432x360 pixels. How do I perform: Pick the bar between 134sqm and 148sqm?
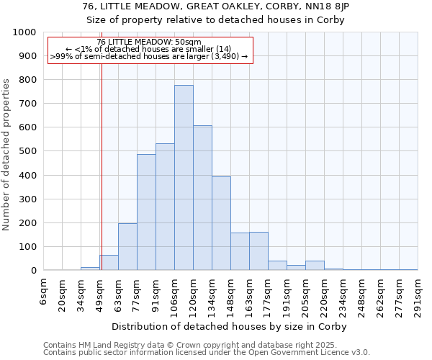(x=221, y=223)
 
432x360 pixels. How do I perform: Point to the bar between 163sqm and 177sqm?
(x=258, y=251)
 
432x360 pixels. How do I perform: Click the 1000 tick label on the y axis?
(x=24, y=32)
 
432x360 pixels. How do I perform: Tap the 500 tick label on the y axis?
(x=27, y=151)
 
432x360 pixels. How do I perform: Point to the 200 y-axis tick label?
(x=27, y=223)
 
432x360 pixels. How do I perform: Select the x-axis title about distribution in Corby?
(x=230, y=327)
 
